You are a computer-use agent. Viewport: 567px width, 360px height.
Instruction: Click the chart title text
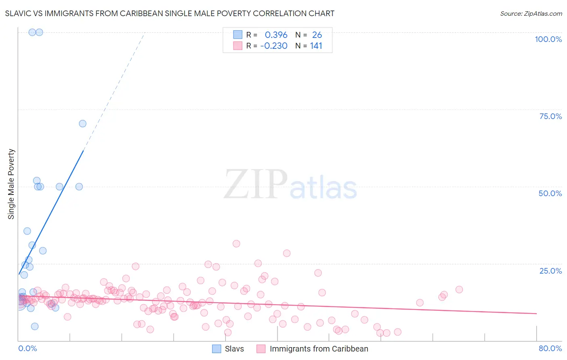169,13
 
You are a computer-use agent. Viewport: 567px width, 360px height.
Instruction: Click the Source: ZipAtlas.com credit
531,13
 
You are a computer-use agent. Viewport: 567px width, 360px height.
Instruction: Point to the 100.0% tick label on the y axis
548,39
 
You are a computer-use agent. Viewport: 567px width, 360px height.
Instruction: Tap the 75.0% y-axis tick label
550,116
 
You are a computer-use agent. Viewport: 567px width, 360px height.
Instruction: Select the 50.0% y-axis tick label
550,193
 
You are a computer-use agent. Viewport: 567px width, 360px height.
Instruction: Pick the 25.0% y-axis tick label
550,271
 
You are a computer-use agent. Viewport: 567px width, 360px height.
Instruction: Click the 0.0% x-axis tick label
27,348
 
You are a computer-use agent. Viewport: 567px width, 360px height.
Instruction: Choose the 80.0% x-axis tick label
550,348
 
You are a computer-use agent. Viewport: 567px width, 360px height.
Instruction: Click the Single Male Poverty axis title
11,184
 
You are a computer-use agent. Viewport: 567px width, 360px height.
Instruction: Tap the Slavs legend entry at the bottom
234,349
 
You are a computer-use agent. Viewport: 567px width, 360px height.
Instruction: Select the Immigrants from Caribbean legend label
319,349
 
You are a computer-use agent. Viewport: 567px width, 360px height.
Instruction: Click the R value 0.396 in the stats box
276,35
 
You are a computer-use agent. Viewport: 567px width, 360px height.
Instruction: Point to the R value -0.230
274,46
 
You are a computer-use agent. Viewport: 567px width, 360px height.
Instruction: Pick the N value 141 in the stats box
316,46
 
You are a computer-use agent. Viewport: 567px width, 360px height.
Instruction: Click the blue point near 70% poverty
83,123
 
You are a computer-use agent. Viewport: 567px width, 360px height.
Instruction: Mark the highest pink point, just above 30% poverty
236,244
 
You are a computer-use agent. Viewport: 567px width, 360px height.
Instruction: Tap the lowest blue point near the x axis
35,326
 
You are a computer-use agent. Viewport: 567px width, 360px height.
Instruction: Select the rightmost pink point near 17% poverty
459,289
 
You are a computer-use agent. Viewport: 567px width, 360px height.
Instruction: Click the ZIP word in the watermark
256,185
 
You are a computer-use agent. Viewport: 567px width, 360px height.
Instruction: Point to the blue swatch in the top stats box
238,35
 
